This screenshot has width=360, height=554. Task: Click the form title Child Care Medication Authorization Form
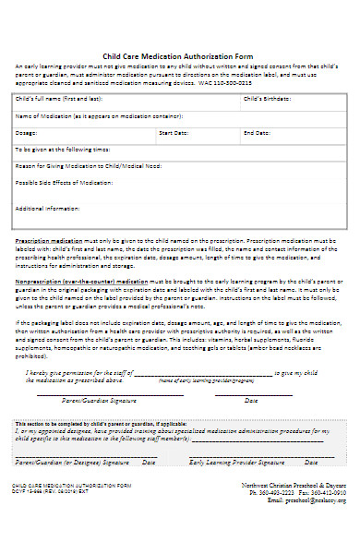pos(180,56)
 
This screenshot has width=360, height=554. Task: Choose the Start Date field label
pos(173,133)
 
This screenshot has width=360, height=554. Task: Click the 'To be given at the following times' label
pos(63,149)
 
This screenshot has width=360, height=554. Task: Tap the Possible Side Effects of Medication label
pos(64,183)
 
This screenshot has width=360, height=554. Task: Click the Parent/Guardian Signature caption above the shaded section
pos(90,401)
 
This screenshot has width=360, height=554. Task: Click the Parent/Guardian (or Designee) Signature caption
pos(72,460)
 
